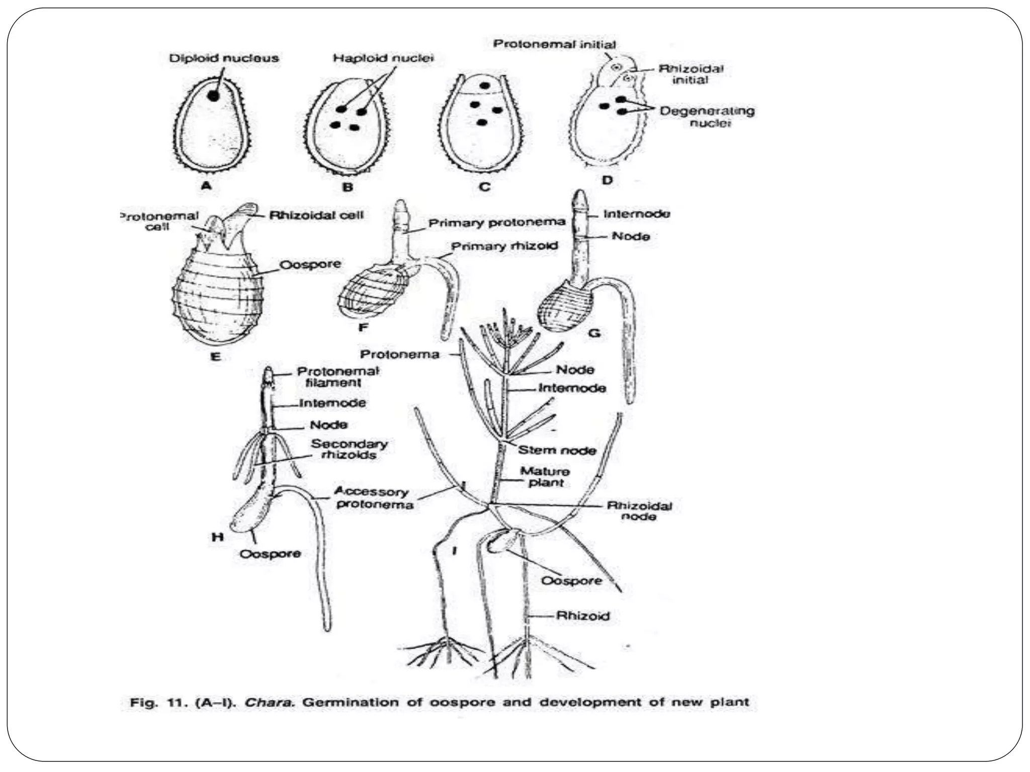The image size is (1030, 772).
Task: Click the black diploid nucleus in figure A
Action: [214, 95]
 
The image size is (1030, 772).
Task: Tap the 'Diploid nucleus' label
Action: [224, 58]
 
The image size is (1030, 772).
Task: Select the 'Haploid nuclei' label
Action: [383, 58]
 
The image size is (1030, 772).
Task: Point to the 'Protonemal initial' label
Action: [554, 44]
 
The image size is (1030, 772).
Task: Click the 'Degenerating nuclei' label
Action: [707, 117]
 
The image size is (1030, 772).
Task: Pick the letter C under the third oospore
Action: [484, 187]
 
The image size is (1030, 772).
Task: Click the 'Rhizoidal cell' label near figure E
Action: [316, 215]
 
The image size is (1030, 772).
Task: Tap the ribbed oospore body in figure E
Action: [217, 297]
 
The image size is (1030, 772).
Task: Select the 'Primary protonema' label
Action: [497, 223]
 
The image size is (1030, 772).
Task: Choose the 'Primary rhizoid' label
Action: [504, 246]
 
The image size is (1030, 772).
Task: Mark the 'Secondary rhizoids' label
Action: [349, 449]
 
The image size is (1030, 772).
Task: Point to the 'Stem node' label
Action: [557, 450]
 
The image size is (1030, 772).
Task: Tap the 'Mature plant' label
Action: [545, 477]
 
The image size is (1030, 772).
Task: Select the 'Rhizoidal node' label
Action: [639, 511]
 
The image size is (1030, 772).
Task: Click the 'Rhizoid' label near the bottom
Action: [583, 616]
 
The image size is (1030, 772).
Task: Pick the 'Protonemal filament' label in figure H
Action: [337, 376]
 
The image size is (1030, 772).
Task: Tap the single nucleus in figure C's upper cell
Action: [484, 85]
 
